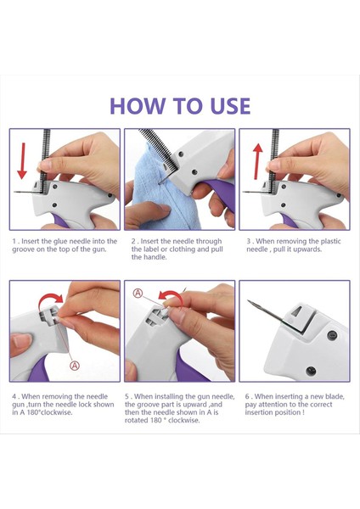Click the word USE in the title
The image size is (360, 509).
point(230,106)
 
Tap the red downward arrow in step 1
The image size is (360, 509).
point(22,160)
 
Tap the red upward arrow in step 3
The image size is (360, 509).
point(258,162)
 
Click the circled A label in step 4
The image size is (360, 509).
point(75,366)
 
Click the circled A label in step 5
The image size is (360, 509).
point(138,294)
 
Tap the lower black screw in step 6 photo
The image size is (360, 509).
point(311,371)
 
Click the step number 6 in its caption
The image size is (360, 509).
point(248,397)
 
